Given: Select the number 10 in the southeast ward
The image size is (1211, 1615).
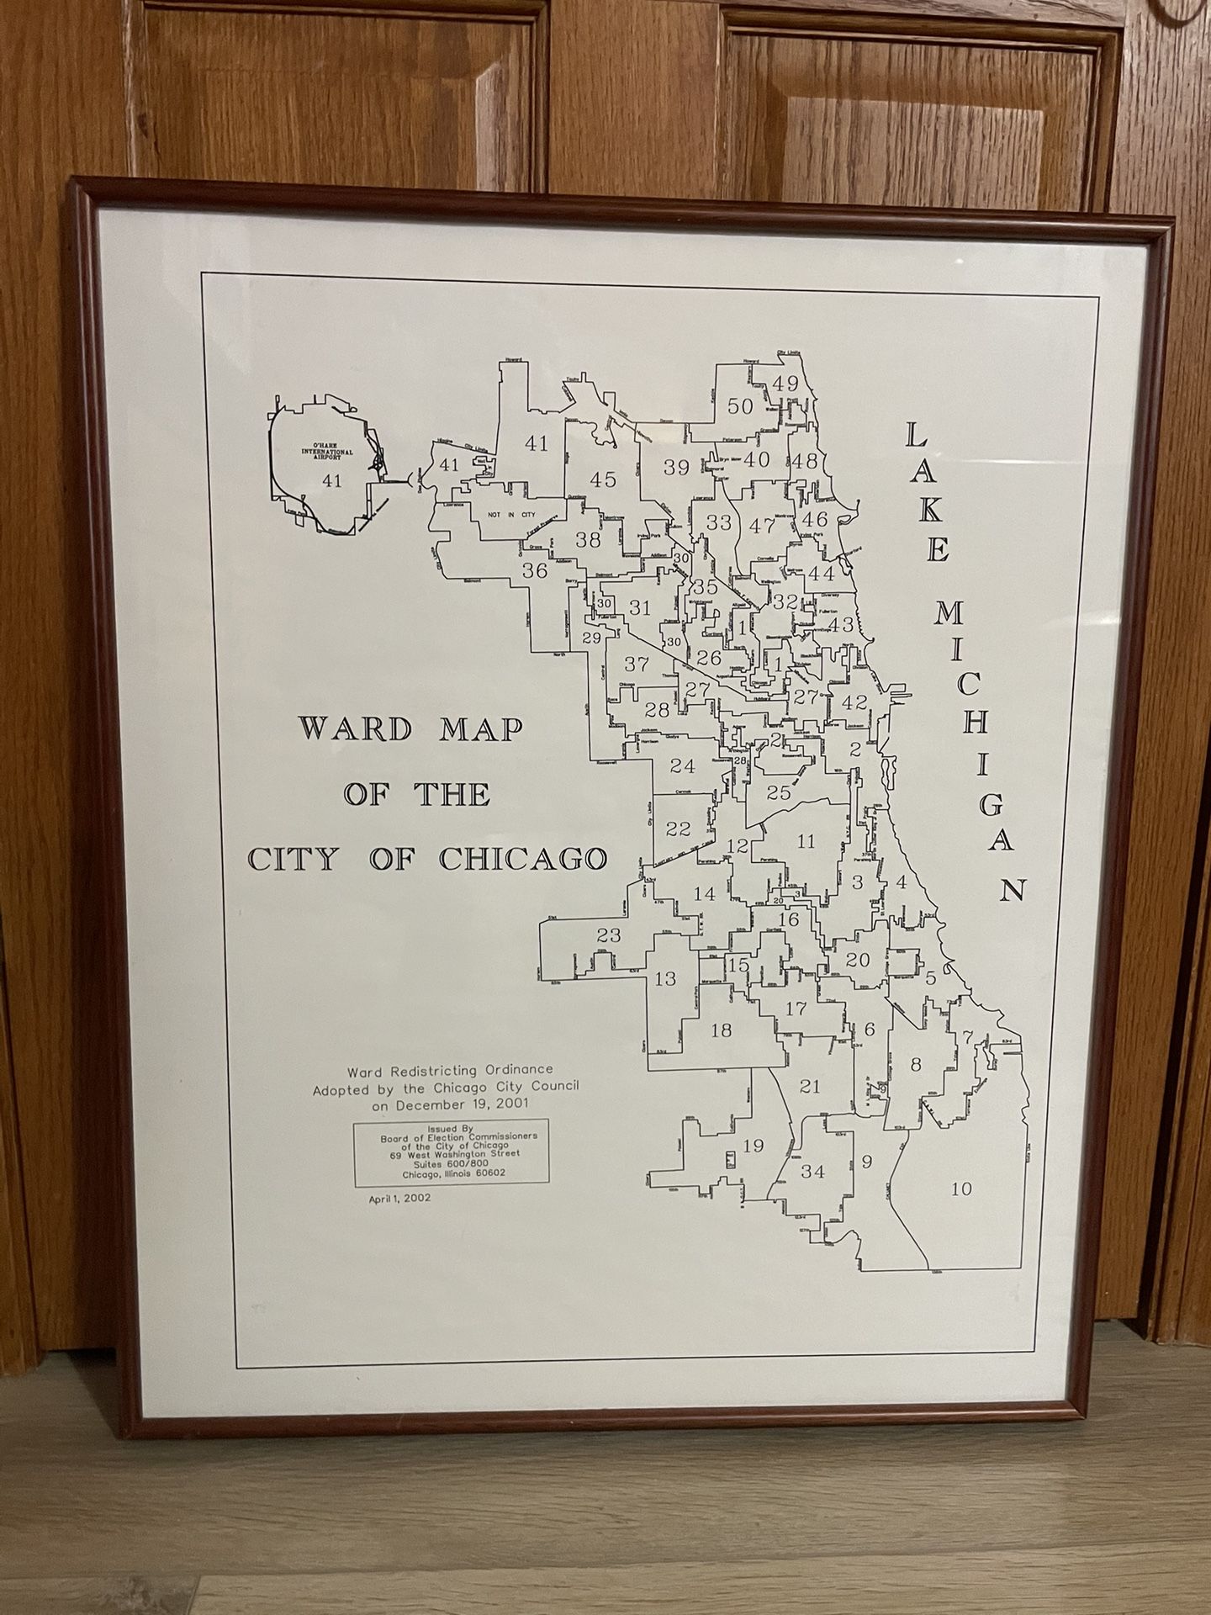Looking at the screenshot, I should [x=960, y=1189].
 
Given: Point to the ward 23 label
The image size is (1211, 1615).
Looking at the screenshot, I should [x=608, y=935].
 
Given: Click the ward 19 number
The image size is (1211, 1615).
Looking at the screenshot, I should [x=753, y=1145].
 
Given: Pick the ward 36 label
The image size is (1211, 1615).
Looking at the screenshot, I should [x=535, y=571].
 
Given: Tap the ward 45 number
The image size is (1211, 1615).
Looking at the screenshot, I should [x=603, y=480].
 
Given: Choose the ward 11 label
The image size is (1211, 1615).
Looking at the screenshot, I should [x=806, y=841].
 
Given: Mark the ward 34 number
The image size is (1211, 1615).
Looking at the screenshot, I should [x=812, y=1171].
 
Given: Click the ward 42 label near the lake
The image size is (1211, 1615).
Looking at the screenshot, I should [x=854, y=702].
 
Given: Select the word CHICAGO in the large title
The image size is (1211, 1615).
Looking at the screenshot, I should [x=522, y=859].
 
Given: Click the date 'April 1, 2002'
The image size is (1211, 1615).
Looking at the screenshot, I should [x=399, y=1198].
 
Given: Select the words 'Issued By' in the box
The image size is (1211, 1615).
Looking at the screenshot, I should [x=453, y=1128].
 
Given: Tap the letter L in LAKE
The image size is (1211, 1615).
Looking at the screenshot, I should [x=918, y=435].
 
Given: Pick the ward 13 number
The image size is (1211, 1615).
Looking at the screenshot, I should [x=664, y=978].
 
